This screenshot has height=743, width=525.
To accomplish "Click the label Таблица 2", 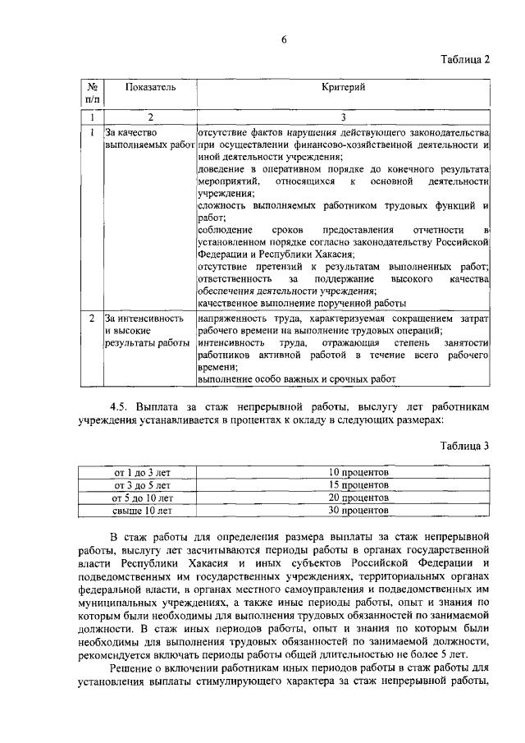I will tap(463, 59).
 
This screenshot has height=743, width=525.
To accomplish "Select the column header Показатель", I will tap(150, 87).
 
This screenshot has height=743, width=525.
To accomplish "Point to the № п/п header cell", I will tap(92, 93).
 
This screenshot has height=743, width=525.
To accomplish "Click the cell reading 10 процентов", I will tap(358, 473).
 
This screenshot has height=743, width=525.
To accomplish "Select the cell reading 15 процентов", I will tap(358, 485).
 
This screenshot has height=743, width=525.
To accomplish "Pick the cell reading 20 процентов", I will tap(358, 498).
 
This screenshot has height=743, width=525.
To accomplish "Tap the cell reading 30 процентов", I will tap(358, 510).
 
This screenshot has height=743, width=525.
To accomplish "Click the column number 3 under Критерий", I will tap(344, 117).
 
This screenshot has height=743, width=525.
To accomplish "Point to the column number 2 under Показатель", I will tap(150, 117).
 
